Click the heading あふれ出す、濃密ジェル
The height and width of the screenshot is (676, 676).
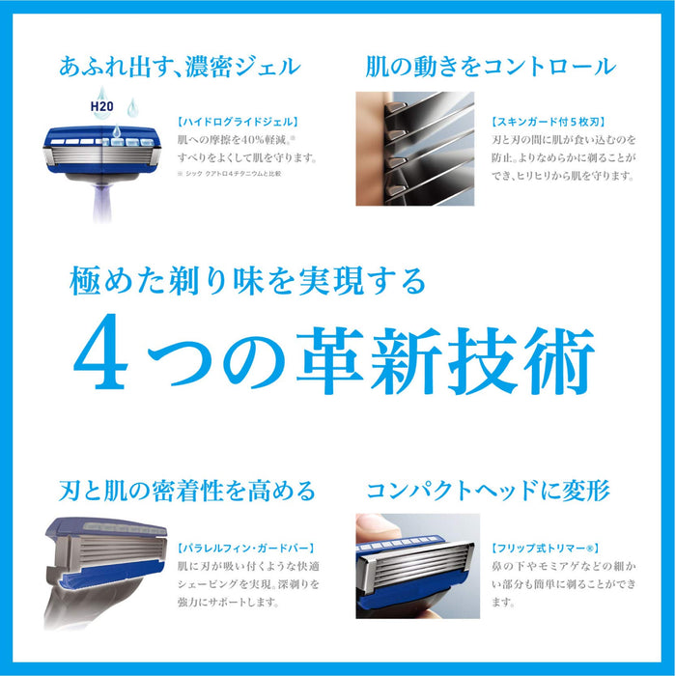(x=180, y=68)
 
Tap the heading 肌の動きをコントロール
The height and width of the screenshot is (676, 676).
(x=490, y=68)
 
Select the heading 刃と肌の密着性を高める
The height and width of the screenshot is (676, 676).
(x=181, y=491)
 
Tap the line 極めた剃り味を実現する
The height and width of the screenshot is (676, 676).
(x=248, y=282)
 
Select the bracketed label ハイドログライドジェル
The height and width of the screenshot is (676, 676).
(x=237, y=123)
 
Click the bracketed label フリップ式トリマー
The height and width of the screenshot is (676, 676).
(x=546, y=547)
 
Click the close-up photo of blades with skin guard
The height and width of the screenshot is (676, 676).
(x=415, y=149)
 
